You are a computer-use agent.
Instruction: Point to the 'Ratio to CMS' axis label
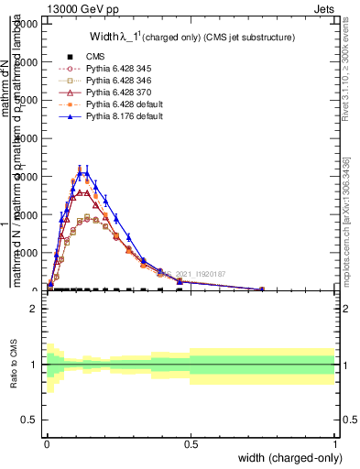tap(14, 365)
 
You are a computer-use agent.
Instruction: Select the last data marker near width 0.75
tap(262, 289)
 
